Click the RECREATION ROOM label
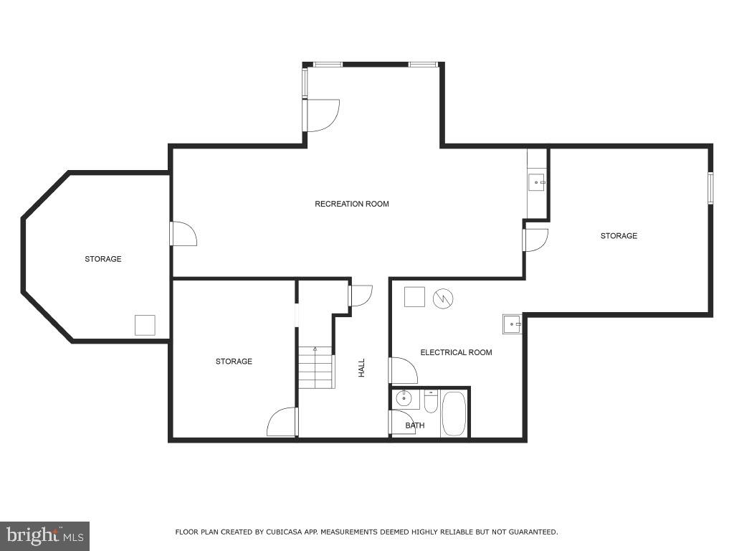point(351,204)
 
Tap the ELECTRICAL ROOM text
point(456,352)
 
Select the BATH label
point(414,425)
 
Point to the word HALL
point(362,368)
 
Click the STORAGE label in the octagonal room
point(103,259)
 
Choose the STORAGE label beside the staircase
point(234,362)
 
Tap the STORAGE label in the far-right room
point(619,236)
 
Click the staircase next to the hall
point(316,367)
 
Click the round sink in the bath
point(404,399)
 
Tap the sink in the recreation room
point(536,183)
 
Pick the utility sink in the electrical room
point(512,324)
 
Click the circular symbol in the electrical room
point(443,298)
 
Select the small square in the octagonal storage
point(145,325)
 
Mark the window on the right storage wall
point(710,188)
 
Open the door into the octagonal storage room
point(183,234)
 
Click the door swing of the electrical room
point(404,370)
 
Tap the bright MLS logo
point(44,535)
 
